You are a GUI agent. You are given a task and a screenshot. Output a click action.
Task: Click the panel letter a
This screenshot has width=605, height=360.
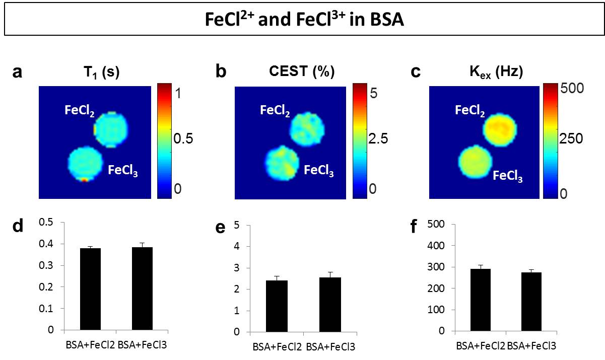[18, 73]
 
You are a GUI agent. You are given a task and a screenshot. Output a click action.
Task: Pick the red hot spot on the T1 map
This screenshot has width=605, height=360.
[85, 179]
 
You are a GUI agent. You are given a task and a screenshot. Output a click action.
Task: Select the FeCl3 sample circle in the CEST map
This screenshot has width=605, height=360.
[283, 162]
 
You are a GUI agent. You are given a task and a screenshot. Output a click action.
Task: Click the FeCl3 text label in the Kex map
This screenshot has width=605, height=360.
[507, 176]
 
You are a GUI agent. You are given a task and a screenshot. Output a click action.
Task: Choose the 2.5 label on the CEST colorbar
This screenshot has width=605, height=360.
[377, 139]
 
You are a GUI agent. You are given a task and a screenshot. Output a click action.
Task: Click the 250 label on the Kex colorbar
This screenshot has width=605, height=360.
[572, 139]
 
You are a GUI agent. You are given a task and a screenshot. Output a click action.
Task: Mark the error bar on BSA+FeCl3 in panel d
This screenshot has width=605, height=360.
[142, 245]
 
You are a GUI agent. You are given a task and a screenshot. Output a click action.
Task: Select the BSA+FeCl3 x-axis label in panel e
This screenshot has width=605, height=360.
[329, 346]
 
